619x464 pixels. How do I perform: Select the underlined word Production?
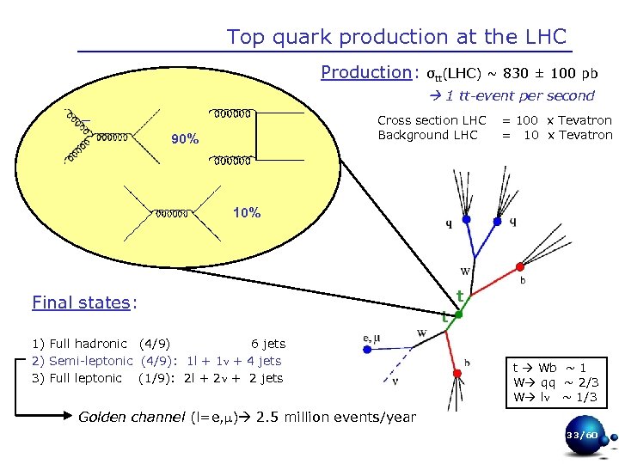366,72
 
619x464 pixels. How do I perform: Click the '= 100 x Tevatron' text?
557,120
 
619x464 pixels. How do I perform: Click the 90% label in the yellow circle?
185,139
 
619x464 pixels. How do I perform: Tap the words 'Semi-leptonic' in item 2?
90,361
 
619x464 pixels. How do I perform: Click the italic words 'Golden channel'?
131,418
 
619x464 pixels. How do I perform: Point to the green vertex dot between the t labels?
459,314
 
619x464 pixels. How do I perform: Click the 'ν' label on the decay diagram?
395,381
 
